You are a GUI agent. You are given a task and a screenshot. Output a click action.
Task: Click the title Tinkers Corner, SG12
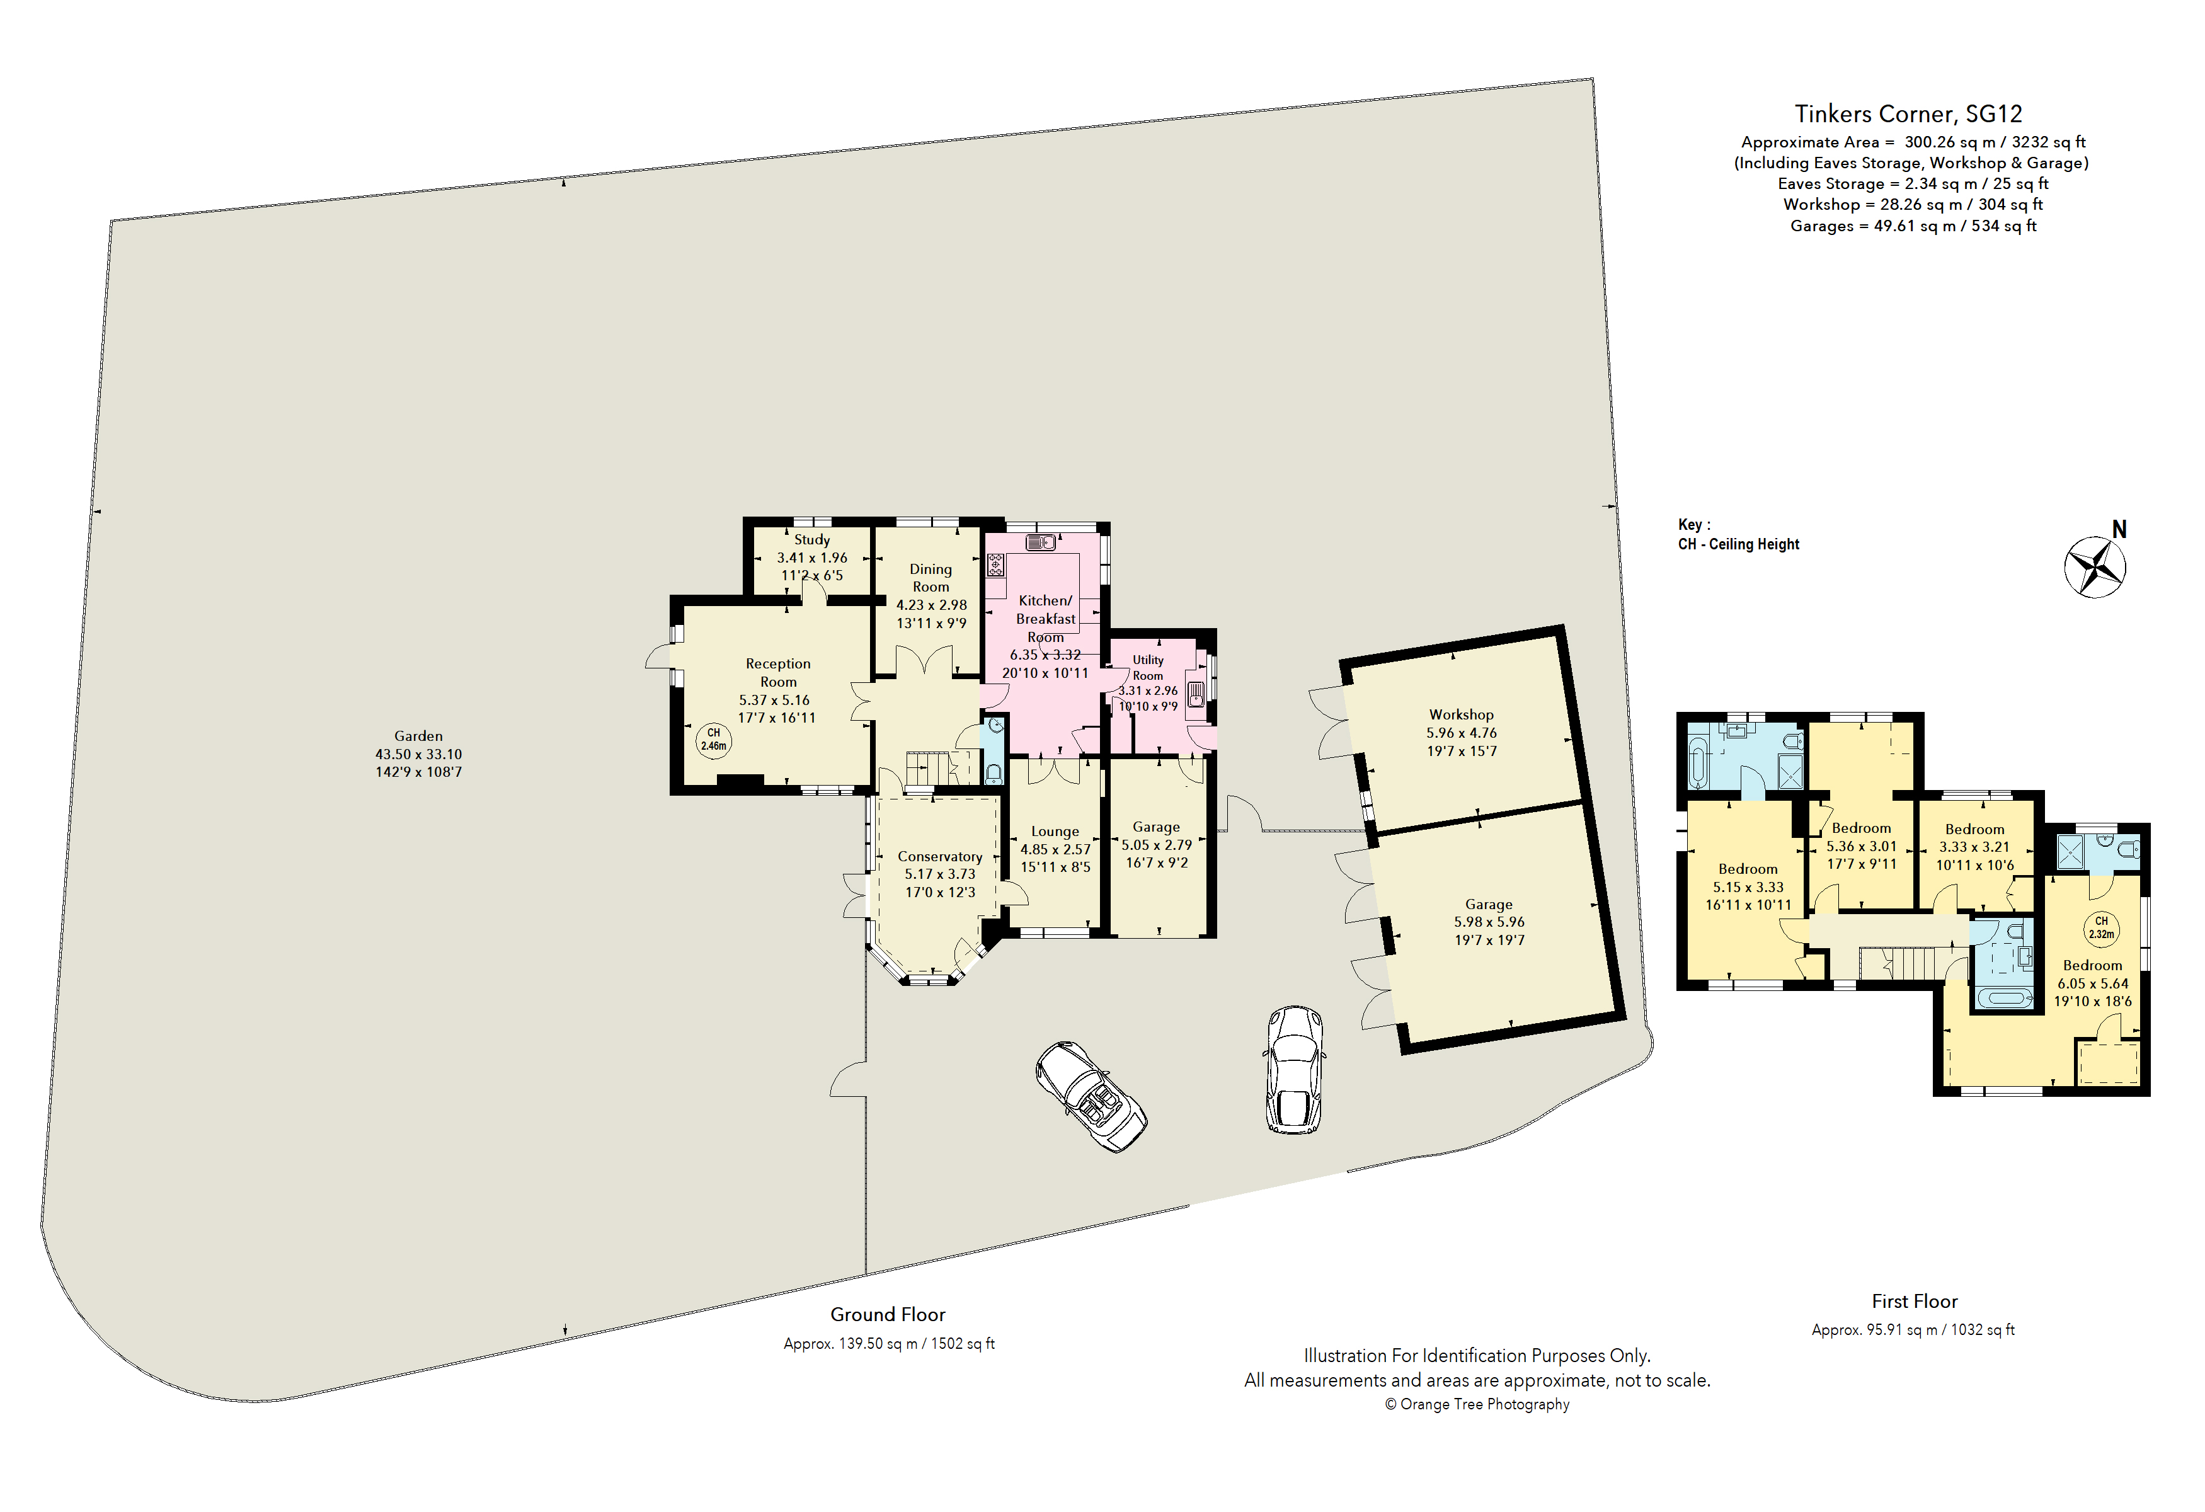click(x=1908, y=114)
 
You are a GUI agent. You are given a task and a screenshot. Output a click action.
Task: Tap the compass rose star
click(x=2095, y=567)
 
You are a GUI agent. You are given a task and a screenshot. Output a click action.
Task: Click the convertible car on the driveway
click(x=1091, y=1097)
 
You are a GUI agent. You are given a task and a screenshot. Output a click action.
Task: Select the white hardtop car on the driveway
click(x=1294, y=1069)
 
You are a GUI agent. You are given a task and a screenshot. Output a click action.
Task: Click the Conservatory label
click(x=940, y=857)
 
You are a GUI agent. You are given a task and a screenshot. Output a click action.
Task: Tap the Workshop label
click(x=1461, y=714)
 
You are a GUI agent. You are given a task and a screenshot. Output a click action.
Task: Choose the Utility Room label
click(x=1148, y=668)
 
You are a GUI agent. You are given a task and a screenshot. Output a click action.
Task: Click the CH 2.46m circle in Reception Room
click(x=714, y=740)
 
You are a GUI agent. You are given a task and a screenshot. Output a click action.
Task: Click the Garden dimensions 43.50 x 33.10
click(x=418, y=754)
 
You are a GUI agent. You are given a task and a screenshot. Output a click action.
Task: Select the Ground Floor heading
click(x=888, y=1315)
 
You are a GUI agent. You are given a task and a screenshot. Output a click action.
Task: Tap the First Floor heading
click(x=1915, y=1302)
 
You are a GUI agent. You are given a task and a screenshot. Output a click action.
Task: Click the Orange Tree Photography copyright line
click(x=1477, y=1405)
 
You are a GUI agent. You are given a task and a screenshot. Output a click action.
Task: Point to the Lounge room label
click(x=1055, y=832)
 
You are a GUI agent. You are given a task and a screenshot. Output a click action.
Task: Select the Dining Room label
click(x=931, y=578)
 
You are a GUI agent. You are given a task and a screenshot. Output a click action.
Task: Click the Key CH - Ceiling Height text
click(x=1738, y=535)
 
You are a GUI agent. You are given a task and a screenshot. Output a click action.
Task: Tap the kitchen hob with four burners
click(x=995, y=565)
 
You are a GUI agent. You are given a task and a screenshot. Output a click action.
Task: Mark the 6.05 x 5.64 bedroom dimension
click(x=2093, y=983)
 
